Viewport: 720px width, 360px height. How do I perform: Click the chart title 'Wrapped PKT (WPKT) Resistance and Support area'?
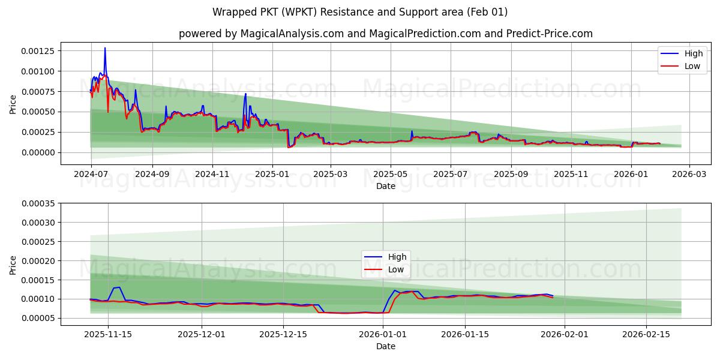(x=359, y=12)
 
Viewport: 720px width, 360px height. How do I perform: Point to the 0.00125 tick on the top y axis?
(x=38, y=51)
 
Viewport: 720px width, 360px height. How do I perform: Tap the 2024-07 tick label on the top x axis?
(x=91, y=175)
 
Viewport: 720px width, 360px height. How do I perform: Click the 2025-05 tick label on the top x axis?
(x=391, y=175)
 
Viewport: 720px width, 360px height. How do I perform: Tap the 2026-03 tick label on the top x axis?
(x=689, y=175)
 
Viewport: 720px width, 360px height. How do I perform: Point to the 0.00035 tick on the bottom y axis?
(x=38, y=203)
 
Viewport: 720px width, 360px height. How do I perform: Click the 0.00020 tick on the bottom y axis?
(x=38, y=261)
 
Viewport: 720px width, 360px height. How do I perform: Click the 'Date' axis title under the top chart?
(x=385, y=186)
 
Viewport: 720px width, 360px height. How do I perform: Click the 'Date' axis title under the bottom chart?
(x=385, y=346)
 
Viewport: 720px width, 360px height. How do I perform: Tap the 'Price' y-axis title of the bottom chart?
(x=13, y=265)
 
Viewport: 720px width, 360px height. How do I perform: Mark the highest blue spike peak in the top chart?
(x=105, y=48)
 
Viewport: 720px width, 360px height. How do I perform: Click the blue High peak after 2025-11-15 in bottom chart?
(x=118, y=287)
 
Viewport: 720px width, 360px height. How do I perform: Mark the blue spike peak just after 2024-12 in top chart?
(x=245, y=94)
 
